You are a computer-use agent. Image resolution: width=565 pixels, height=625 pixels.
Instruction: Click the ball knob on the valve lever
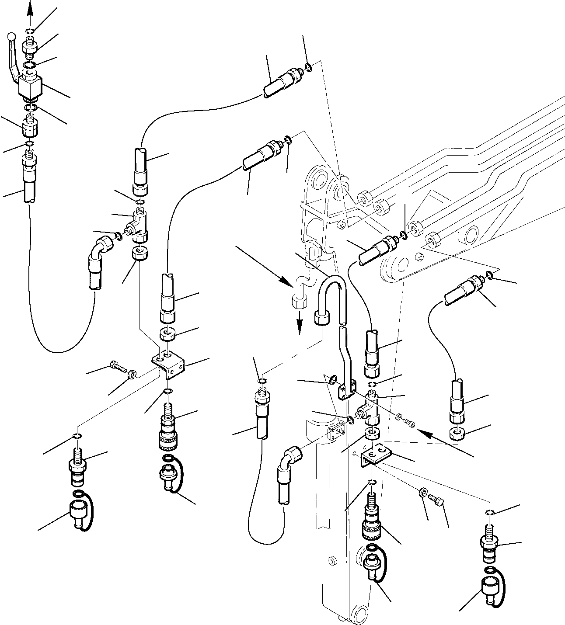tap(13, 36)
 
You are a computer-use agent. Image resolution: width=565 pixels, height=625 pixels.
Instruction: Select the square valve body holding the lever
tap(30, 87)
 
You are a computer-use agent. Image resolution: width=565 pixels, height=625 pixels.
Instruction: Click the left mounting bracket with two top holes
tap(168, 362)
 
